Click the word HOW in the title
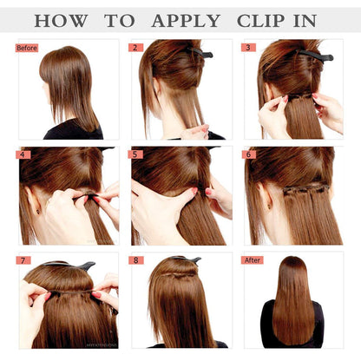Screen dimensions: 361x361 coord(62,19)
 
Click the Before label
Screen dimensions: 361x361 coord(28,48)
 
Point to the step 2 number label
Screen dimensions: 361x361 coord(136,48)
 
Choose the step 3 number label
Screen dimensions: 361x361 coord(250,48)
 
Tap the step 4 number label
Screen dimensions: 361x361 coord(23,154)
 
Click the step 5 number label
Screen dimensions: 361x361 coord(136,154)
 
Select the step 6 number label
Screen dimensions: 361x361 coord(250,154)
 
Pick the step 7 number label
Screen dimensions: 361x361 coord(23,260)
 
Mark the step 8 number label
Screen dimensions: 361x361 coord(136,260)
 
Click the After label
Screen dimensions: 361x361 coord(253,260)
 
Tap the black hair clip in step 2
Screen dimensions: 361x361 coord(201,54)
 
